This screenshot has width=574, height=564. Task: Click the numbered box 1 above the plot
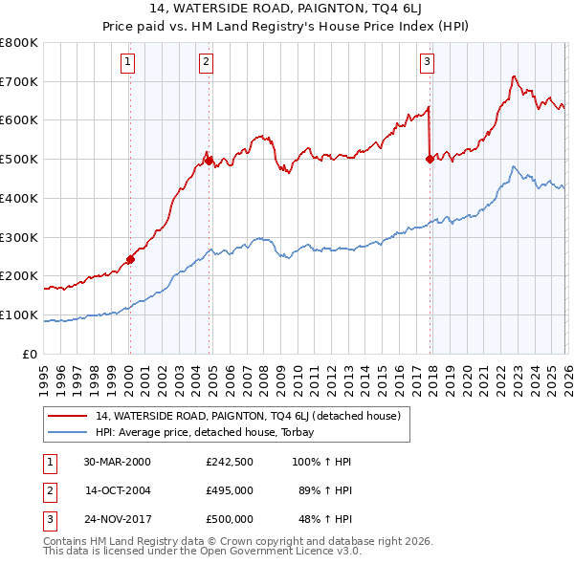click(x=128, y=63)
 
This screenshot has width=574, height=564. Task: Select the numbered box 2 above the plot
click(x=206, y=63)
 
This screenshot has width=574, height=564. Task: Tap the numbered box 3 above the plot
click(x=427, y=63)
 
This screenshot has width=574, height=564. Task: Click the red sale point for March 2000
click(x=131, y=258)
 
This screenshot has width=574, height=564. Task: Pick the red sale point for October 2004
click(x=209, y=161)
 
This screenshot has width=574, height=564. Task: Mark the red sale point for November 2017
click(x=430, y=159)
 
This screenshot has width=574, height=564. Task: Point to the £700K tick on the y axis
click(x=20, y=81)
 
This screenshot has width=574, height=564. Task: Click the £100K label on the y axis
click(x=20, y=315)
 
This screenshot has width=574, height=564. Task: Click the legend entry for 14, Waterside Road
click(x=253, y=417)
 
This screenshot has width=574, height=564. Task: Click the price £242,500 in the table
click(x=230, y=462)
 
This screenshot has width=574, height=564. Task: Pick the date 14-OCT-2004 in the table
click(x=118, y=490)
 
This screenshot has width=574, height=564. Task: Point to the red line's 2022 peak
click(x=514, y=76)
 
